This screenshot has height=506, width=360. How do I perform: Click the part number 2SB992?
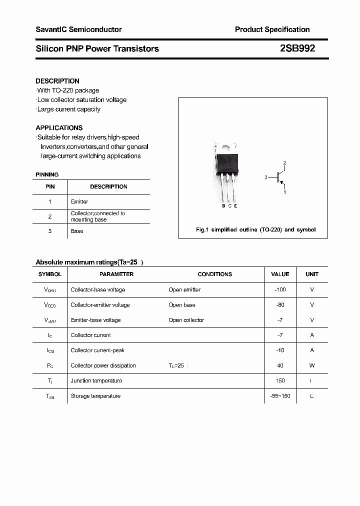[x=297, y=48]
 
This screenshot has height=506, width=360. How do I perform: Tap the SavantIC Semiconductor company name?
[x=78, y=29]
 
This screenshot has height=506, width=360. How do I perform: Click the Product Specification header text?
[x=272, y=29]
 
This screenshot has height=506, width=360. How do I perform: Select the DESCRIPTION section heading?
[x=57, y=81]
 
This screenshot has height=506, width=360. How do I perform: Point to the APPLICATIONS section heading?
[x=59, y=128]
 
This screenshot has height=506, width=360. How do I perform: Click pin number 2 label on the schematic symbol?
[x=285, y=163]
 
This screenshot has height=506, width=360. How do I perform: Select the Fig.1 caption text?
[x=255, y=230]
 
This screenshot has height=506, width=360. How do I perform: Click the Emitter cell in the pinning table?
[x=79, y=201]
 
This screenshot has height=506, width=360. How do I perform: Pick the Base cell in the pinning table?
[x=77, y=231]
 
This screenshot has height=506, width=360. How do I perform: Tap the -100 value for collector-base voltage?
[x=280, y=290]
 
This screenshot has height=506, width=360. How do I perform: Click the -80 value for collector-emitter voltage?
[x=280, y=305]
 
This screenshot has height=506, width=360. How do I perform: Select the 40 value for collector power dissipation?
[x=280, y=365]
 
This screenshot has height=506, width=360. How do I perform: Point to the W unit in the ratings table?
[x=312, y=365]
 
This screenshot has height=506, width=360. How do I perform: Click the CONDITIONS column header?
[x=215, y=274]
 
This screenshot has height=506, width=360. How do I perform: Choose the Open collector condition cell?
[x=186, y=320]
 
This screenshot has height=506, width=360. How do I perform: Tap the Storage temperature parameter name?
[x=95, y=396]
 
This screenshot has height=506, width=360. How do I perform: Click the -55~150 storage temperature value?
[x=280, y=396]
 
